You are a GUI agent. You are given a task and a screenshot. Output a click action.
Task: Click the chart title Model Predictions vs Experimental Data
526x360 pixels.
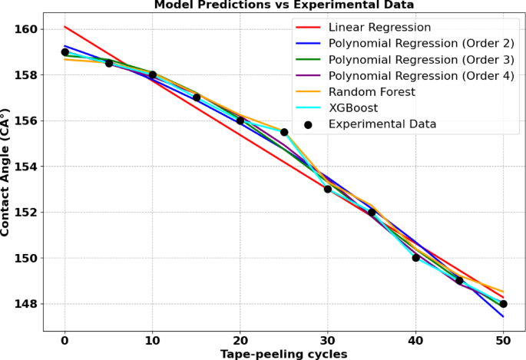tap(284, 5)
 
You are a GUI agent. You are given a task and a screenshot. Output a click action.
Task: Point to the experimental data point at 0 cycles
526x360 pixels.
tap(65, 52)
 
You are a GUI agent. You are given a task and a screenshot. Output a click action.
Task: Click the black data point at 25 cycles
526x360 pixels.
tap(284, 132)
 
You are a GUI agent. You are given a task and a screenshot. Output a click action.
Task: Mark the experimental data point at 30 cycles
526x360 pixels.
tap(328, 189)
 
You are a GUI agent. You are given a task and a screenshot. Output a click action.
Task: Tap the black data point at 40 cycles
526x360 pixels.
tap(415, 258)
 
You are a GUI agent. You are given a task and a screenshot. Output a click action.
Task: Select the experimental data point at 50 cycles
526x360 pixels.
tap(503, 304)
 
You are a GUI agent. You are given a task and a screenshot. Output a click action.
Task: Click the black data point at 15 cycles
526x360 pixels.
tap(197, 97)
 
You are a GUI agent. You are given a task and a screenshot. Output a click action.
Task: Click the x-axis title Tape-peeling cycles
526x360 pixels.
tap(284, 354)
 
